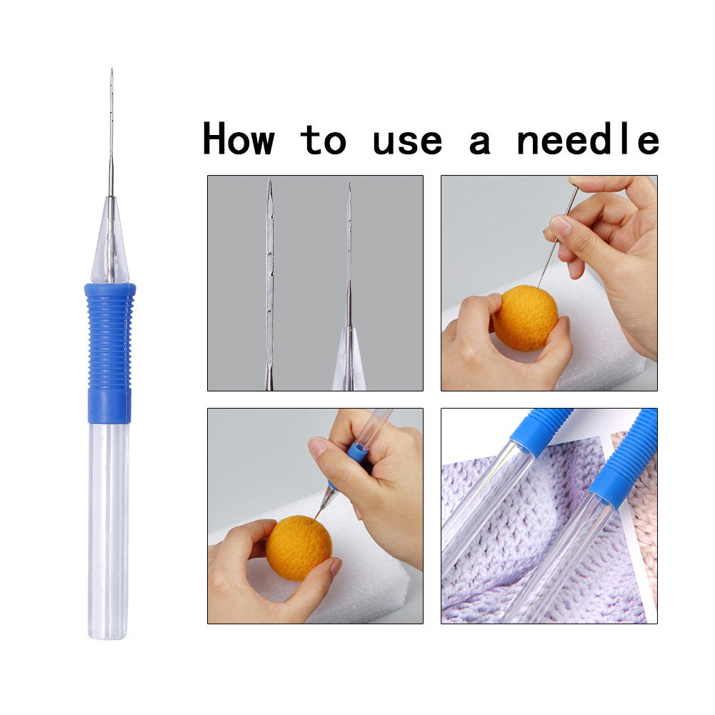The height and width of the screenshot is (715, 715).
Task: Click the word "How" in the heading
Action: (239, 139)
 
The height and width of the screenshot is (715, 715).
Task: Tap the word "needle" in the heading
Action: (587, 139)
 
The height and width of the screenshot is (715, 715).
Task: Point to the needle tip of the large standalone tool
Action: (111, 72)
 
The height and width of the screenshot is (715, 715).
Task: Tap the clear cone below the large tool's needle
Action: (109, 246)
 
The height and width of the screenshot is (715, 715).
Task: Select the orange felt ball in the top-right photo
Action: (525, 318)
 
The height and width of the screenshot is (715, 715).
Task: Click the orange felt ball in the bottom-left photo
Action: (299, 548)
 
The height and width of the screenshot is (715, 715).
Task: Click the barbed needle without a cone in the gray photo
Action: (269, 286)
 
